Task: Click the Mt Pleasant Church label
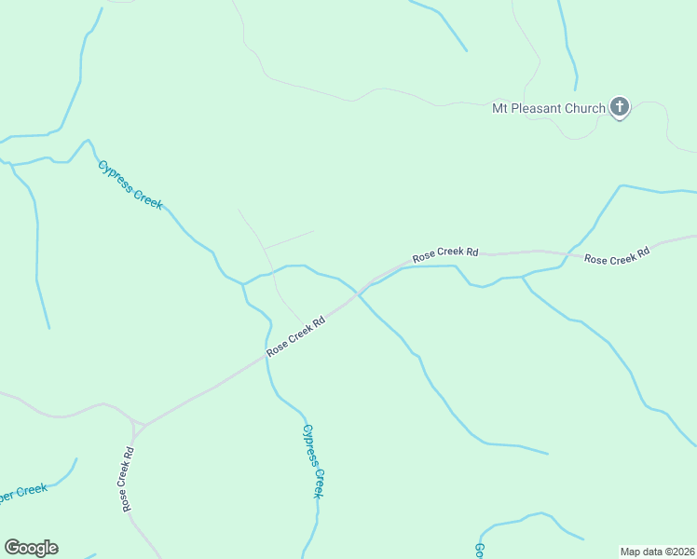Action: (549, 108)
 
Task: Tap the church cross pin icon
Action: (620, 107)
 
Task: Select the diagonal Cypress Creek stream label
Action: (130, 184)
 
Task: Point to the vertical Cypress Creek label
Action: (313, 461)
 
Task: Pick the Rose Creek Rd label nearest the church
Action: (616, 256)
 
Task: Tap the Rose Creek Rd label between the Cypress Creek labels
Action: (295, 335)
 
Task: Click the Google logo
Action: (31, 548)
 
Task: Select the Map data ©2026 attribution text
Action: (657, 551)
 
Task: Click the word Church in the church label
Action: (584, 108)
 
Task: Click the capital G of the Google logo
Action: (12, 548)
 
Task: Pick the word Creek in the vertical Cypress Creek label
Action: (317, 481)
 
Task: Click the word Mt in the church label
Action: (500, 108)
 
